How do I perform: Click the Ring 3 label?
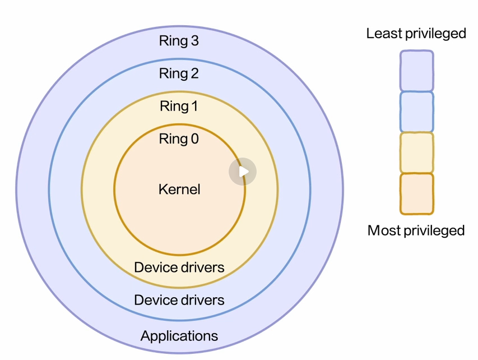[x=179, y=41]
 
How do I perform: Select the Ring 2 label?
[x=179, y=73]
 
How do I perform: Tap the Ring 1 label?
[x=179, y=106]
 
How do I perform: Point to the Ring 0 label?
[x=179, y=139]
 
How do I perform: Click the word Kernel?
[x=179, y=190]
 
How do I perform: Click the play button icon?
[x=243, y=172]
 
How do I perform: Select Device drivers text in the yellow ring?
[x=179, y=267]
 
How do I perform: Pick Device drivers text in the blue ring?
[x=179, y=300]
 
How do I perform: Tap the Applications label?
[x=179, y=336]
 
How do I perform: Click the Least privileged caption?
[x=416, y=34]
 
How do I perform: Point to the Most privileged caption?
[x=416, y=230]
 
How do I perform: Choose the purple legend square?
[x=416, y=71]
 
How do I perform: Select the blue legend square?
[x=416, y=112]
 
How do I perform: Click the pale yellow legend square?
[x=416, y=153]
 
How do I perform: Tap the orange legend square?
[x=416, y=193]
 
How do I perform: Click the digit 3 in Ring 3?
[x=194, y=41]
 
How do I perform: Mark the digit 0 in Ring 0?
[x=194, y=139]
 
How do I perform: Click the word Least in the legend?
[x=384, y=34]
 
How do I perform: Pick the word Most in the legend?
[x=383, y=230]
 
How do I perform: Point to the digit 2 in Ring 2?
[x=194, y=73]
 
